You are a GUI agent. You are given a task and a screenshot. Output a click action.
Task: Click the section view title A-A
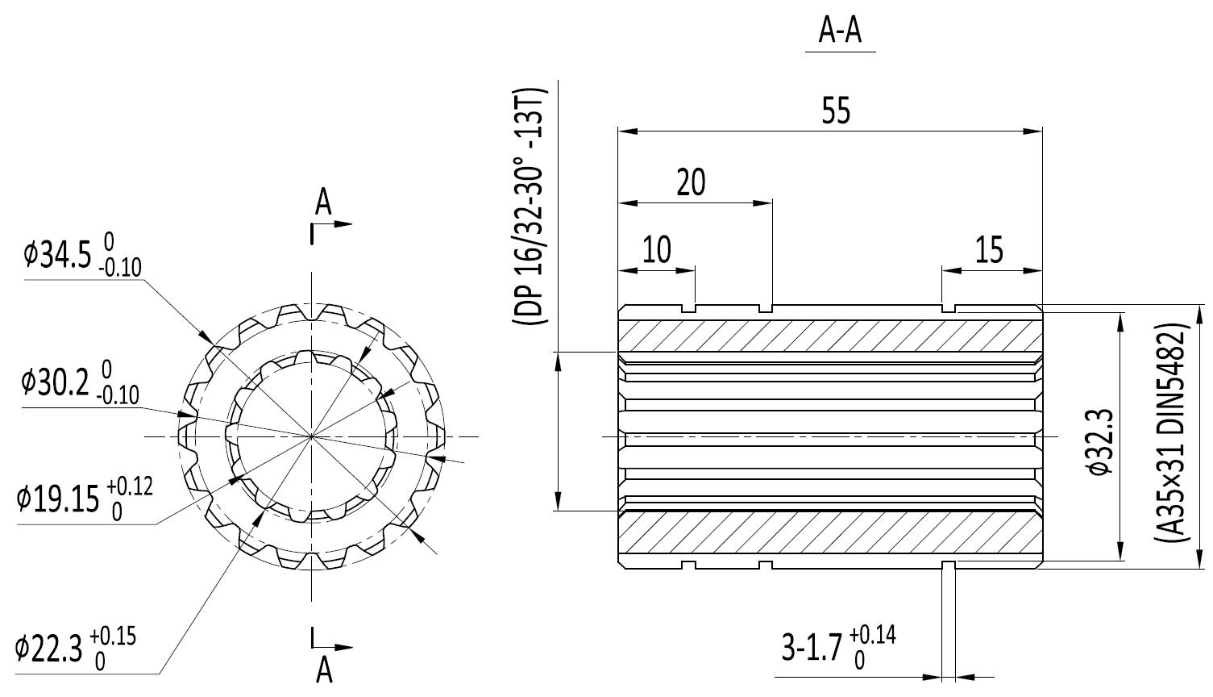[x=840, y=31]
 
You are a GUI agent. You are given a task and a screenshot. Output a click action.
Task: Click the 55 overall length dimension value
[x=836, y=111]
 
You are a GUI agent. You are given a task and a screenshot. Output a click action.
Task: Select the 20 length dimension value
[x=691, y=182]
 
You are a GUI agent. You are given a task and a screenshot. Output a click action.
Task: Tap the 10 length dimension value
[x=657, y=249]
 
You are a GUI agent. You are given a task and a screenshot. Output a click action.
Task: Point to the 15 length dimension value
[x=989, y=250]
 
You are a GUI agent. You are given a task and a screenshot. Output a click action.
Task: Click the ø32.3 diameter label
[x=1102, y=443]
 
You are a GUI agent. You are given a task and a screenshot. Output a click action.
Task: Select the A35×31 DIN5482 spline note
[x=1172, y=432]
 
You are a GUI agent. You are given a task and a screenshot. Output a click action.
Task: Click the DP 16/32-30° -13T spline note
[x=529, y=206]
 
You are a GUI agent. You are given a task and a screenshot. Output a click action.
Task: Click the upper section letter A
[x=323, y=202]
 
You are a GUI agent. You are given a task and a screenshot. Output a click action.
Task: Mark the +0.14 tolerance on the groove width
[x=872, y=634]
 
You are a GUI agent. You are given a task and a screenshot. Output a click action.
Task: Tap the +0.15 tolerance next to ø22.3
[x=113, y=636]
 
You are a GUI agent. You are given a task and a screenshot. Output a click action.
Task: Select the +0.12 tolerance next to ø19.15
[x=130, y=486]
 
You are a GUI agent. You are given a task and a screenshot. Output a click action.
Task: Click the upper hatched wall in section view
[x=830, y=336]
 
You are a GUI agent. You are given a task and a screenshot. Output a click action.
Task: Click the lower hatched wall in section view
[x=830, y=532]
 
